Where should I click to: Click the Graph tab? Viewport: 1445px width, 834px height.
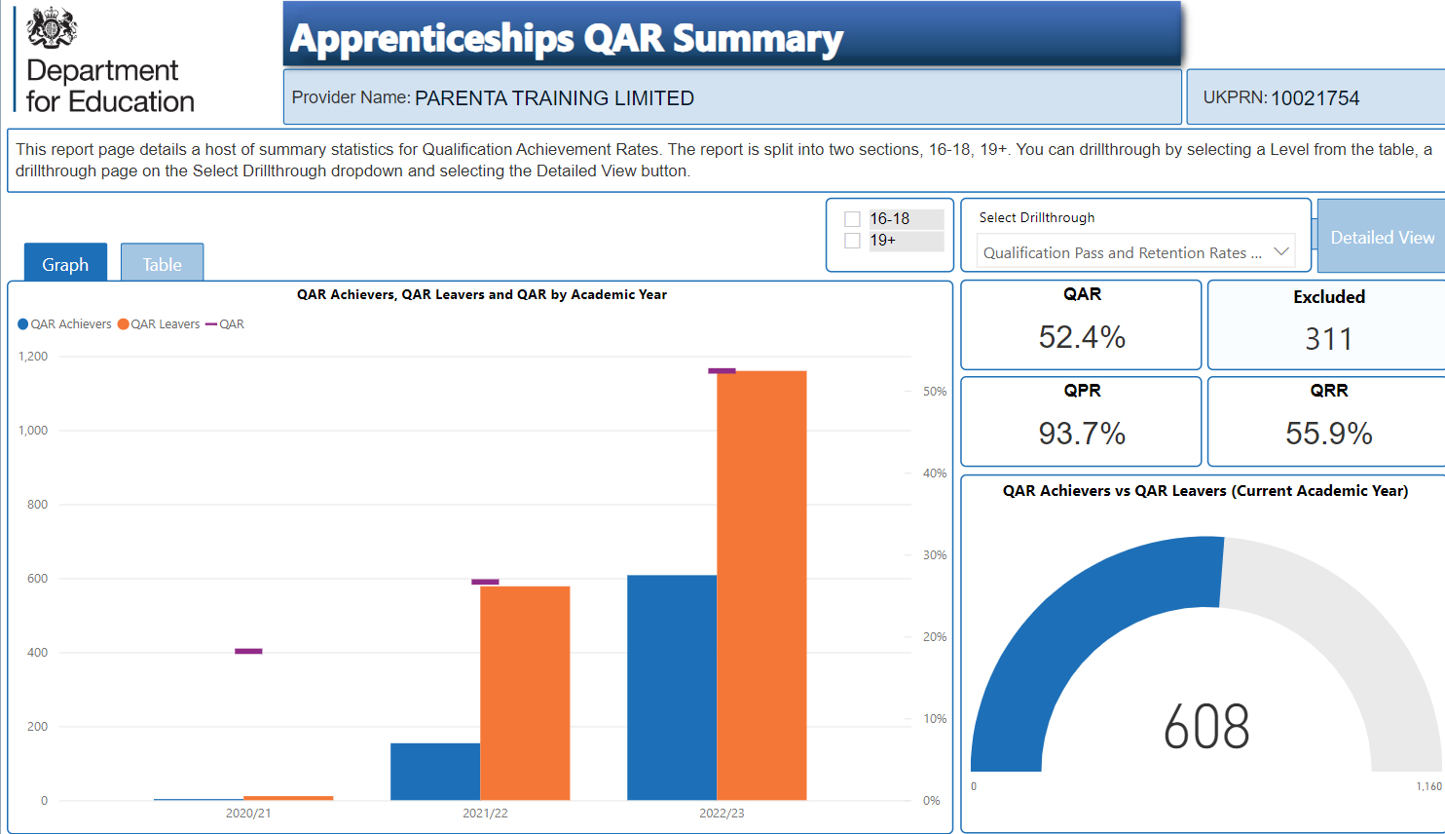pyautogui.click(x=65, y=262)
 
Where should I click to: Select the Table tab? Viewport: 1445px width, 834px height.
pyautogui.click(x=162, y=262)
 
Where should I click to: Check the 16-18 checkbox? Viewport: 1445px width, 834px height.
pyautogui.click(x=852, y=219)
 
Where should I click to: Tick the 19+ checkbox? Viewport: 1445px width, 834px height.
pyautogui.click(x=852, y=241)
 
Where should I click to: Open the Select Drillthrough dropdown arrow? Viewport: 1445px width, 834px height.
pyautogui.click(x=1281, y=251)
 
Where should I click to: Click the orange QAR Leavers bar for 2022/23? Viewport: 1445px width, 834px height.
pyautogui.click(x=761, y=586)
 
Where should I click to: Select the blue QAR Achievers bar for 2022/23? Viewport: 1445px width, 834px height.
pyautogui.click(x=672, y=688)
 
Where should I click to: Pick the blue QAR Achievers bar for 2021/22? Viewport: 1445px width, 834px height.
pyautogui.click(x=435, y=772)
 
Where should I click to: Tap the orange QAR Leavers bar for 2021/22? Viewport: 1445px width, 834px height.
pyautogui.click(x=525, y=694)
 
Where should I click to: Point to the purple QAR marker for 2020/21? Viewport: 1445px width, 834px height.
pyautogui.click(x=248, y=651)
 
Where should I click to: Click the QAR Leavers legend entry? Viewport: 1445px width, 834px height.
pyautogui.click(x=159, y=324)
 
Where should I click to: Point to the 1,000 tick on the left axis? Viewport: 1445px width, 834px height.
pyautogui.click(x=33, y=430)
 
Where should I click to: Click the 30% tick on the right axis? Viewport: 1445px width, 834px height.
pyautogui.click(x=935, y=554)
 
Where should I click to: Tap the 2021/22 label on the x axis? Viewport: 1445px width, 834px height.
pyautogui.click(x=485, y=813)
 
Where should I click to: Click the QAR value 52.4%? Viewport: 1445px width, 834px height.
pyautogui.click(x=1082, y=337)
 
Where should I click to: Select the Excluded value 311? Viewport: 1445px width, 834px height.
pyautogui.click(x=1328, y=339)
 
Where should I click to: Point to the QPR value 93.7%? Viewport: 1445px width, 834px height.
pyautogui.click(x=1082, y=434)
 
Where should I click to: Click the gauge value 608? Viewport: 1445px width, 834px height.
pyautogui.click(x=1206, y=726)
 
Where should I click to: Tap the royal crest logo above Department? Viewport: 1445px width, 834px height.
pyautogui.click(x=52, y=27)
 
